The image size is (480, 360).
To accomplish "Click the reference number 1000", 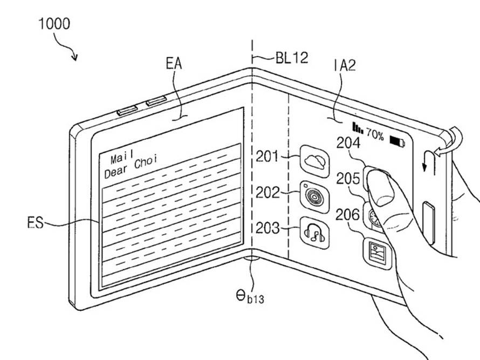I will click(54, 24).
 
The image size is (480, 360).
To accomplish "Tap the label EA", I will click(174, 64).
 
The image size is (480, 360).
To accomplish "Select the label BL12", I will click(292, 57).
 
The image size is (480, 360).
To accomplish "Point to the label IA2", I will click(346, 66).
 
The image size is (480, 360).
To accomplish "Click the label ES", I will click(35, 222).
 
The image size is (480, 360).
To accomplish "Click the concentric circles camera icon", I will click(313, 194).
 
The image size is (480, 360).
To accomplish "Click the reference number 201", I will click(268, 157).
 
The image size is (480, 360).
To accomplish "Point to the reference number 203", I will click(268, 228).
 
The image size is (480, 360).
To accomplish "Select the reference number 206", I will click(348, 215).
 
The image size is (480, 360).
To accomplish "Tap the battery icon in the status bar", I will click(399, 142).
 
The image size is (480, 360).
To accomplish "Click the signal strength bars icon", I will click(358, 127).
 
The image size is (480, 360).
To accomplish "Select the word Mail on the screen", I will click(121, 158).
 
